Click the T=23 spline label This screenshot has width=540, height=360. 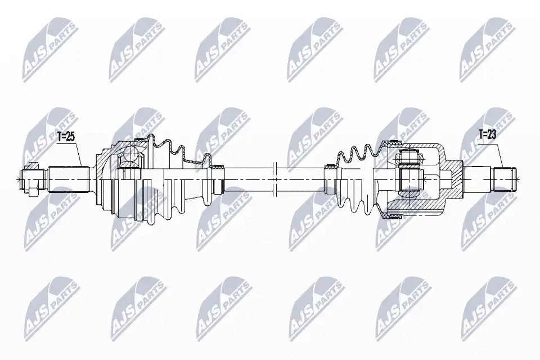click(487, 134)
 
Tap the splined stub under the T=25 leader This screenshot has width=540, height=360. click(69, 179)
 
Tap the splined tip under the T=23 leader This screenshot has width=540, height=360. click(505, 179)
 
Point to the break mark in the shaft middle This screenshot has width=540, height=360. click(274, 179)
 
